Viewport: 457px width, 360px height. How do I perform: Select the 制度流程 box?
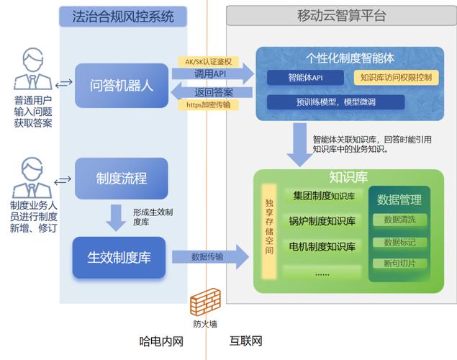coord(122,178)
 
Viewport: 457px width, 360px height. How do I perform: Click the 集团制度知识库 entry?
coord(322,196)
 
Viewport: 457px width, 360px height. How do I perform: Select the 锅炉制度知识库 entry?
coord(322,221)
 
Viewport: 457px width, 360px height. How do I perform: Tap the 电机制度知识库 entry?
coord(322,246)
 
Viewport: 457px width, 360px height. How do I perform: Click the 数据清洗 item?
coord(404,219)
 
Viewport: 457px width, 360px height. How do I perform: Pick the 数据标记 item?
coord(404,242)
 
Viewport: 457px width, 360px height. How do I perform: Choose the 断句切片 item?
coord(404,264)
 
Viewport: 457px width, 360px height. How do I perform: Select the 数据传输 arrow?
coord(209,256)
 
